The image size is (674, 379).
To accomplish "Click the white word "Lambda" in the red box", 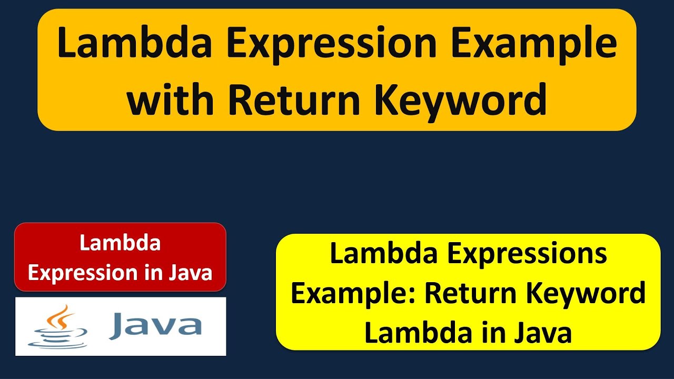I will [120, 243].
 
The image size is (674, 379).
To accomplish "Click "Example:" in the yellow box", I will [354, 293].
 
